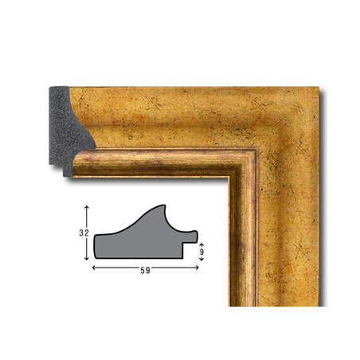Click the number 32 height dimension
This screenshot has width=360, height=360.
pos(84,233)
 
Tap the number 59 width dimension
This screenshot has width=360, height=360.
pos(145,270)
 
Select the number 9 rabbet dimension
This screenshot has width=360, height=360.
pos(202,252)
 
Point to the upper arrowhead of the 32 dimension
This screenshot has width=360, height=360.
pos(86,207)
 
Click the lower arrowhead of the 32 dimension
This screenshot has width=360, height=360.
pos(86,258)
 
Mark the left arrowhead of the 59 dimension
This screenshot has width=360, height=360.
pos(94,268)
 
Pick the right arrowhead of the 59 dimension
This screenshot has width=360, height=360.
pos(197,268)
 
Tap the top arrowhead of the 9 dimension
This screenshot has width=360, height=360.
pos(202,245)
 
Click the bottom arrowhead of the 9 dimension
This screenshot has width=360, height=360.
pos(202,259)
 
